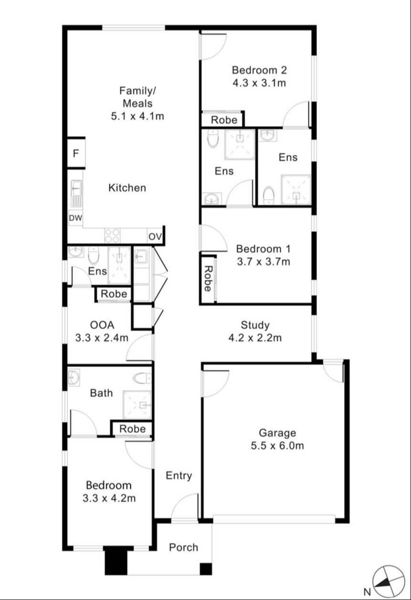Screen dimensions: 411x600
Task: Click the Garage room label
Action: tap(277, 433)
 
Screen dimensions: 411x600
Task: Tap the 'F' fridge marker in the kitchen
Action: tap(76, 153)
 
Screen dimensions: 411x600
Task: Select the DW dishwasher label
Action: tap(75, 218)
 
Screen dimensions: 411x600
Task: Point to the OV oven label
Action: tap(155, 237)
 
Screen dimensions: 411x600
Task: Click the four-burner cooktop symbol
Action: tap(112, 236)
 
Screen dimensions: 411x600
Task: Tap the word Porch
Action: tap(183, 547)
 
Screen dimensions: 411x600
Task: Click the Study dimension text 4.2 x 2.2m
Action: tap(255, 338)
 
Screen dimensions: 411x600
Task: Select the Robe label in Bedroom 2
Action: tap(224, 120)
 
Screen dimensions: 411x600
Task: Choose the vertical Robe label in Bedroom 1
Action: tap(208, 279)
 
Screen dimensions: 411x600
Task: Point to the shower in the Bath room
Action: tap(137, 405)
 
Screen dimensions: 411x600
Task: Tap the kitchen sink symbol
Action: tap(77, 194)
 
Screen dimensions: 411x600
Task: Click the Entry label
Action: tap(179, 476)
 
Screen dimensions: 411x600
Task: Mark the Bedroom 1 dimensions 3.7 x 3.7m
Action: tap(263, 262)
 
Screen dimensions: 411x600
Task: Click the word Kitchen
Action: tap(127, 188)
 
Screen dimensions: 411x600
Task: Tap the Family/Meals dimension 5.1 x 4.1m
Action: tap(137, 116)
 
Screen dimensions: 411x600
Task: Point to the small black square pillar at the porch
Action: tap(206, 569)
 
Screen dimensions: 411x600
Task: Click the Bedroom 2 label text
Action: tap(259, 70)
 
